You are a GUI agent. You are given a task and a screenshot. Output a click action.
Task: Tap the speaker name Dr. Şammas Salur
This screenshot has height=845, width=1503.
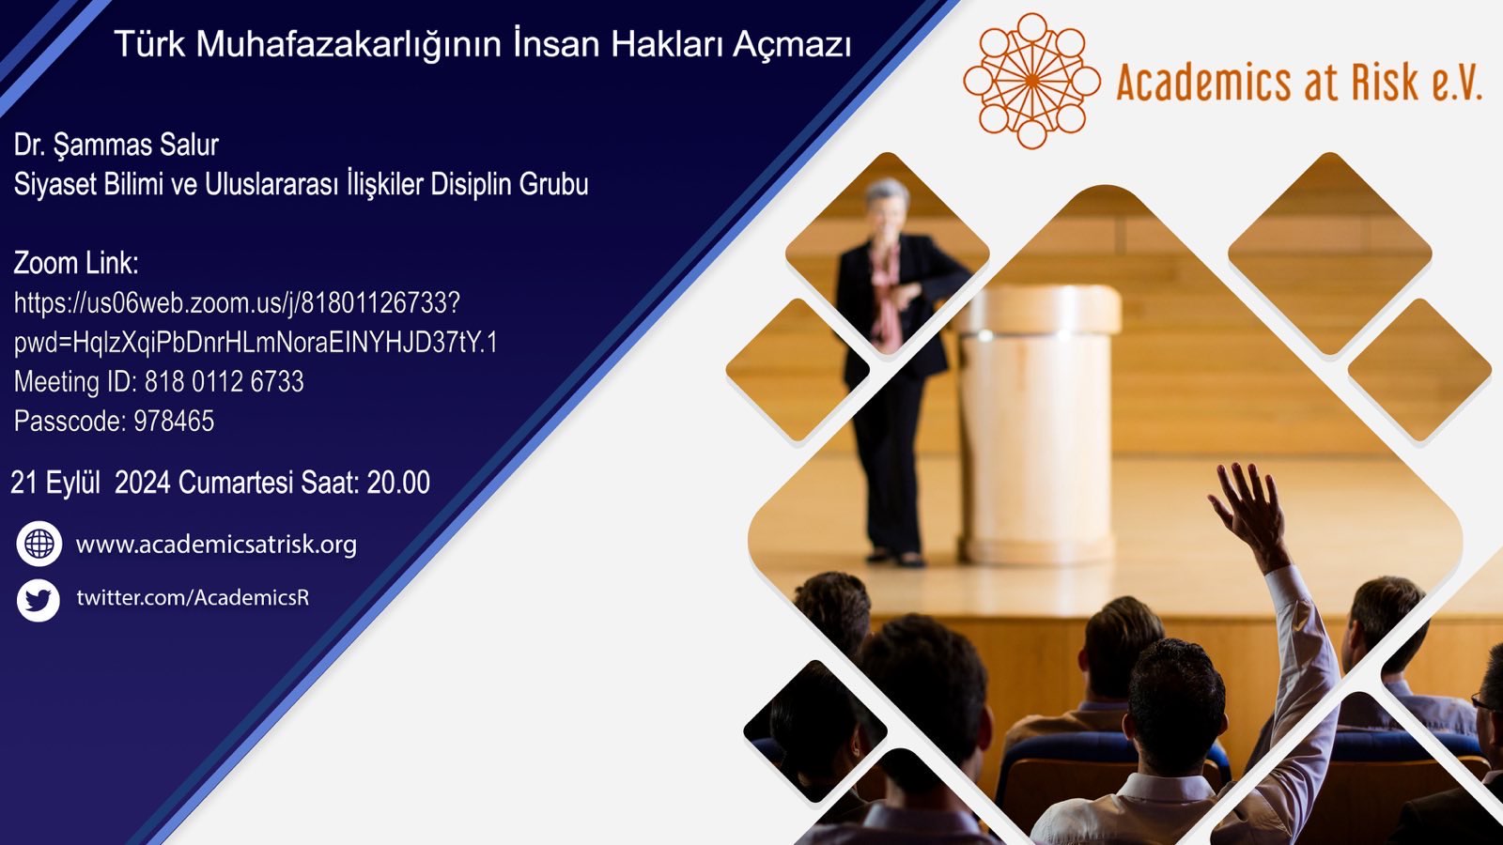[116, 145]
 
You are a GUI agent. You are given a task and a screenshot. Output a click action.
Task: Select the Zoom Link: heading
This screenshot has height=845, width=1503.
[76, 263]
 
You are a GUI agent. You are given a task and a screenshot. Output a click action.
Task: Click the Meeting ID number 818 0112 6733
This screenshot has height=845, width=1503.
[225, 381]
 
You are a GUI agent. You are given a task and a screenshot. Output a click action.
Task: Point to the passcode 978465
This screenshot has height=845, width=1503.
[174, 422]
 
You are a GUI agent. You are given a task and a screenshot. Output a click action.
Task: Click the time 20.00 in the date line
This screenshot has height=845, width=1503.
[398, 483]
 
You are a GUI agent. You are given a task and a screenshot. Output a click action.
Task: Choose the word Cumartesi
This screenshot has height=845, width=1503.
[236, 483]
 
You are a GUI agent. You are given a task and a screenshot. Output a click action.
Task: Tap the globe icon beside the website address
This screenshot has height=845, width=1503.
[39, 544]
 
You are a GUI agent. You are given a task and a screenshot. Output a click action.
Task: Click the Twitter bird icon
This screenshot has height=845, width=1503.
[39, 600]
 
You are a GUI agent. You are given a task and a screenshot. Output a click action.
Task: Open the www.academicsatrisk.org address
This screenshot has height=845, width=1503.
[216, 545]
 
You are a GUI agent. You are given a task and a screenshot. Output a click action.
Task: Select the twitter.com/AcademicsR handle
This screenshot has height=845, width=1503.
[193, 597]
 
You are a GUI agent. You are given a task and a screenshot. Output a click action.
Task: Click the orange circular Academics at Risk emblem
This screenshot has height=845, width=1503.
[1032, 81]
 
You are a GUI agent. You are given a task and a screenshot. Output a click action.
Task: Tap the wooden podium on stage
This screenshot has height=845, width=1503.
[1039, 422]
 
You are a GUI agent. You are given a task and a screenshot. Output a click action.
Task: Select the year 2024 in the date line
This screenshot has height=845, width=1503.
[142, 483]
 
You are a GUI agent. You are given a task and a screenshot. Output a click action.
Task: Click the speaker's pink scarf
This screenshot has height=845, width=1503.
[887, 295]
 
